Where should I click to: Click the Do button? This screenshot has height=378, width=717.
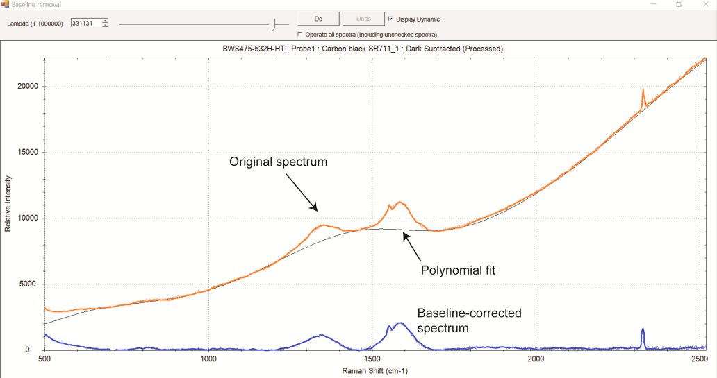pos(318,19)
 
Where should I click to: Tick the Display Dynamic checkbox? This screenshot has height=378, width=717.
pos(390,19)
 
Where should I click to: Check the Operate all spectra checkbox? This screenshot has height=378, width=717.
pos(300,34)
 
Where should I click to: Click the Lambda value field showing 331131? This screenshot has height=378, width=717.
pos(85,23)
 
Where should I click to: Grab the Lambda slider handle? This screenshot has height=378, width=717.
pos(275,24)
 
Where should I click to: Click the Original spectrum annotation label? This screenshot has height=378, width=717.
pos(278,162)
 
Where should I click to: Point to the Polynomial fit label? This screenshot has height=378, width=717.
pos(459,270)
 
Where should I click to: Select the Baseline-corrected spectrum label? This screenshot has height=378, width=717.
pos(468,320)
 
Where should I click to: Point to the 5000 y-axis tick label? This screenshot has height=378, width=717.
pos(27,284)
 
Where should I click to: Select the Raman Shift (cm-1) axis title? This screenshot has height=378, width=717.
pos(374,371)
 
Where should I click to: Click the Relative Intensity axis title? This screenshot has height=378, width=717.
pos(8,202)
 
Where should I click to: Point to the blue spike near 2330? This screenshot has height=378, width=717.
pos(643,331)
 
